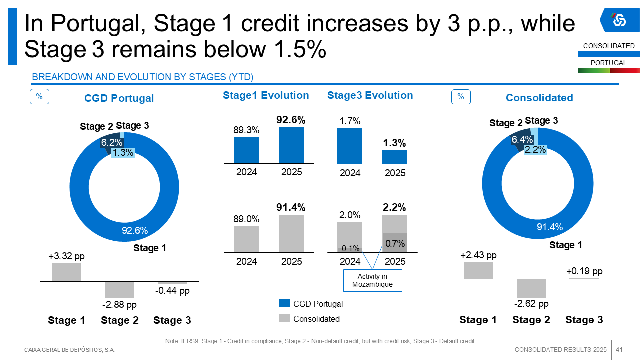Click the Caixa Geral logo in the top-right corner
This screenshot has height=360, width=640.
(x=619, y=20)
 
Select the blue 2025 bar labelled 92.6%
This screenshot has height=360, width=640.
(x=291, y=145)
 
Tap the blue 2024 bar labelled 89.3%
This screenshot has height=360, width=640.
(x=246, y=150)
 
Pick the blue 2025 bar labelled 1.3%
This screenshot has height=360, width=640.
(x=395, y=157)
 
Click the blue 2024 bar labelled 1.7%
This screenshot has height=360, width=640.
(x=350, y=146)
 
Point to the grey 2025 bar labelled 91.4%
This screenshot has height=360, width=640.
(x=291, y=233)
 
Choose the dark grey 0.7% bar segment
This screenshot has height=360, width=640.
(x=395, y=243)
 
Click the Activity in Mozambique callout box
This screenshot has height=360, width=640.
(x=372, y=280)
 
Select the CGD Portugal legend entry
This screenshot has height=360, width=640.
(x=311, y=304)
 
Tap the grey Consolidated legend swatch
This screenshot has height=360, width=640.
(x=284, y=319)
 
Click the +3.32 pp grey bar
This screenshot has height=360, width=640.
(x=66, y=272)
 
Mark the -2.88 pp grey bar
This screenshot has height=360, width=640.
(x=119, y=290)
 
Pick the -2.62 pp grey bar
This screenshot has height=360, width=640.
(x=531, y=288)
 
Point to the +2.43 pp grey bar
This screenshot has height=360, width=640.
(x=478, y=270)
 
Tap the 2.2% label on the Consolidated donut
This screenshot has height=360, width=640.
(x=535, y=149)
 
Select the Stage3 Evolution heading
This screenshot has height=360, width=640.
(x=370, y=95)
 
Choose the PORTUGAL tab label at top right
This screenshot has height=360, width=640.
(x=608, y=63)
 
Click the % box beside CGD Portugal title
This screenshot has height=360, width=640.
(x=39, y=97)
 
